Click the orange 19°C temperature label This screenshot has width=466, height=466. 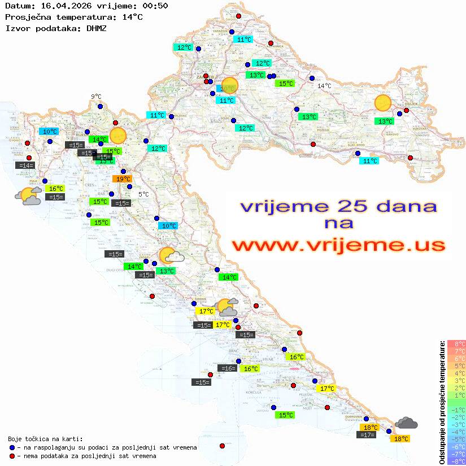tap(121, 179)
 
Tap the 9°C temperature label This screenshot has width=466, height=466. tap(96, 97)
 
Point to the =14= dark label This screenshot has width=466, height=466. tap(25, 166)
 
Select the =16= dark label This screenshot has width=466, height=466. tap(227, 368)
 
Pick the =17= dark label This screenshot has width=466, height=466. tap(367, 434)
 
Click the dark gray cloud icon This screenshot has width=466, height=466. tap(406, 423)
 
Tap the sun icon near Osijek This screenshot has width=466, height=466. tap(383, 103)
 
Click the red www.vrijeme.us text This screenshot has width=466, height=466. tap(338, 245)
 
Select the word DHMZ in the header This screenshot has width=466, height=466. tap(97, 28)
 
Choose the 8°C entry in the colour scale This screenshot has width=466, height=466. tap(456, 343)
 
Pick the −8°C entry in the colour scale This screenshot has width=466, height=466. tap(456, 461)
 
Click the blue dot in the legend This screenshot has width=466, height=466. tap(12, 447)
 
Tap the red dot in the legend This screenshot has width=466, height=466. tap(12, 456)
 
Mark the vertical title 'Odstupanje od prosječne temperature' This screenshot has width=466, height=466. tap(442, 402)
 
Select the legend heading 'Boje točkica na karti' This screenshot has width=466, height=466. tap(45, 438)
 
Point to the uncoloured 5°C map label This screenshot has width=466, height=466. tap(143, 194)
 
